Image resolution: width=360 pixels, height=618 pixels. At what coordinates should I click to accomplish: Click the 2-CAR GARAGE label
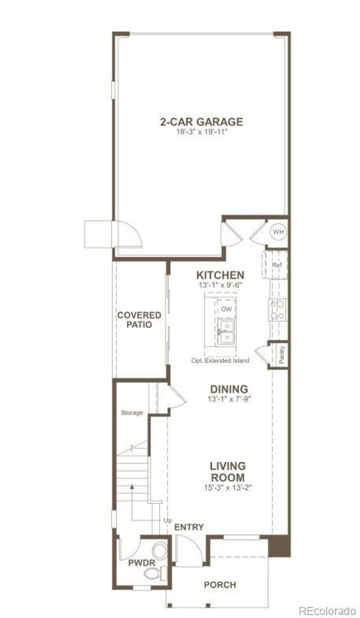click(201, 122)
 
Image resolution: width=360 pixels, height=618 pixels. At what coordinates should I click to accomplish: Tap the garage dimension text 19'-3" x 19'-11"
click(201, 132)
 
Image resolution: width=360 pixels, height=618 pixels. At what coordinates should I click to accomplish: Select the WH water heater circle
click(278, 232)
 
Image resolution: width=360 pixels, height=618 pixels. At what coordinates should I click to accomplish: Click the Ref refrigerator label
click(277, 265)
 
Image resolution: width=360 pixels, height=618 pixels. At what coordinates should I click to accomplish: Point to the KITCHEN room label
click(220, 275)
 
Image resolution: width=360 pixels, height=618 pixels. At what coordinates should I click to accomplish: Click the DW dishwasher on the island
click(226, 309)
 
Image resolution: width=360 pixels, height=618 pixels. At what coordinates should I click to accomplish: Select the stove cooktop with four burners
click(277, 310)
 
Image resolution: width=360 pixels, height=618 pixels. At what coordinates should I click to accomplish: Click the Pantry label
click(282, 355)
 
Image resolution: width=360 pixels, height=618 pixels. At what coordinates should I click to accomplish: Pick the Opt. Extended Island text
click(220, 360)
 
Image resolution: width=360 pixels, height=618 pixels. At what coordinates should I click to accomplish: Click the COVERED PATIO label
click(139, 320)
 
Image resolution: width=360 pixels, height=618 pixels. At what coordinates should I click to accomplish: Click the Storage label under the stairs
click(132, 413)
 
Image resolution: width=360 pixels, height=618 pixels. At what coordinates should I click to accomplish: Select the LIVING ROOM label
click(228, 472)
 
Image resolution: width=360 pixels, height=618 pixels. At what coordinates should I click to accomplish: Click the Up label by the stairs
click(168, 521)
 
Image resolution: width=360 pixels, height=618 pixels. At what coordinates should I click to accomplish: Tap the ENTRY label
click(189, 527)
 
